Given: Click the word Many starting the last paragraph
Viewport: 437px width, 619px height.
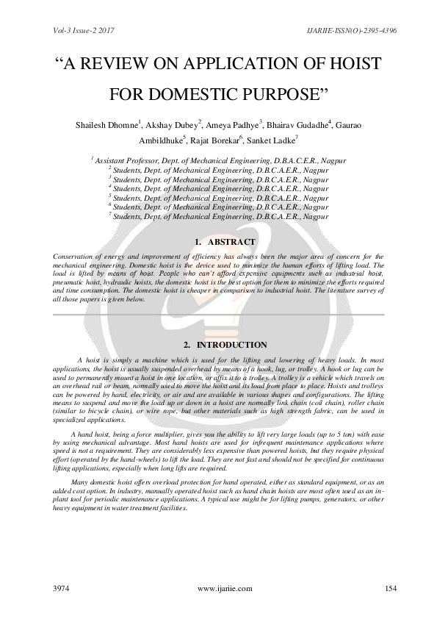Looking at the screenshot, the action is coord(86,479).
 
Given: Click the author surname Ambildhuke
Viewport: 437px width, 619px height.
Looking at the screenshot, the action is coord(161,141).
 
